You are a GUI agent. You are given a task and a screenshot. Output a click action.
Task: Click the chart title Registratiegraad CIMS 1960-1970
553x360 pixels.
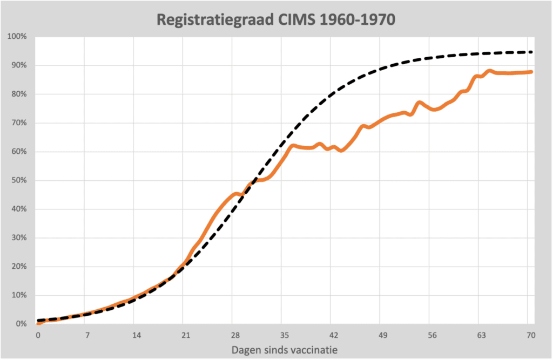[276, 20]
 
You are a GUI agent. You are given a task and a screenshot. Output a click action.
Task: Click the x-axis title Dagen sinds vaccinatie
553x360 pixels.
[285, 350]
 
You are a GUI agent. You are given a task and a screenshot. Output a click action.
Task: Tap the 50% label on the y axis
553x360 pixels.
[20, 180]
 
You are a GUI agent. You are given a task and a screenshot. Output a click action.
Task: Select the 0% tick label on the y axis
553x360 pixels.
[22, 324]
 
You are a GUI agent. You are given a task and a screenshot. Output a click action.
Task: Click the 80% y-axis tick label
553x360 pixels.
[20, 94]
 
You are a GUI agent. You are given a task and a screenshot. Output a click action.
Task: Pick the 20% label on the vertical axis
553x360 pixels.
[20, 267]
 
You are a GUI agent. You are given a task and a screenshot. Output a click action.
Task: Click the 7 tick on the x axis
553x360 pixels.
[87, 335]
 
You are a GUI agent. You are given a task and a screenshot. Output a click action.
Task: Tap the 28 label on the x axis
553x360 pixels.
[235, 335]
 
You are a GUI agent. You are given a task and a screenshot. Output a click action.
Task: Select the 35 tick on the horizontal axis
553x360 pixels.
[284, 335]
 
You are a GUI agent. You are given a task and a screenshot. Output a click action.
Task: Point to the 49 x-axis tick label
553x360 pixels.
[383, 335]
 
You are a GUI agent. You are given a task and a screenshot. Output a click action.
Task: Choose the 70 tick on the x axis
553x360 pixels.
[530, 335]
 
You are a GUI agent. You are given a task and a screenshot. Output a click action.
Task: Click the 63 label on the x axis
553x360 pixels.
[481, 335]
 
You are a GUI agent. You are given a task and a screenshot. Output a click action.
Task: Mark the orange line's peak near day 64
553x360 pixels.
[490, 71]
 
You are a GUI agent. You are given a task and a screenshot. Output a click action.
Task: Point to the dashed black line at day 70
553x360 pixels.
[530, 52]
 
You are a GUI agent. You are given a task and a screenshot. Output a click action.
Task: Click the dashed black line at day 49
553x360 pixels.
[383, 69]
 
